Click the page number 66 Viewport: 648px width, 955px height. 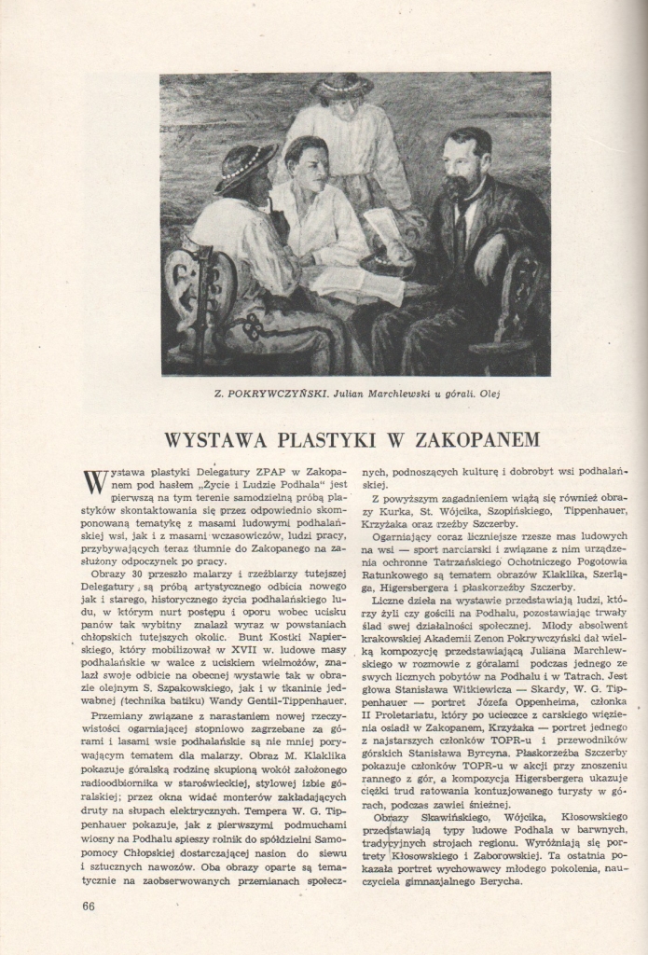pyautogui.click(x=90, y=906)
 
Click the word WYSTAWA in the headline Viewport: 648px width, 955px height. pyautogui.click(x=216, y=438)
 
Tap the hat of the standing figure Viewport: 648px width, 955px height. pyautogui.click(x=341, y=86)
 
